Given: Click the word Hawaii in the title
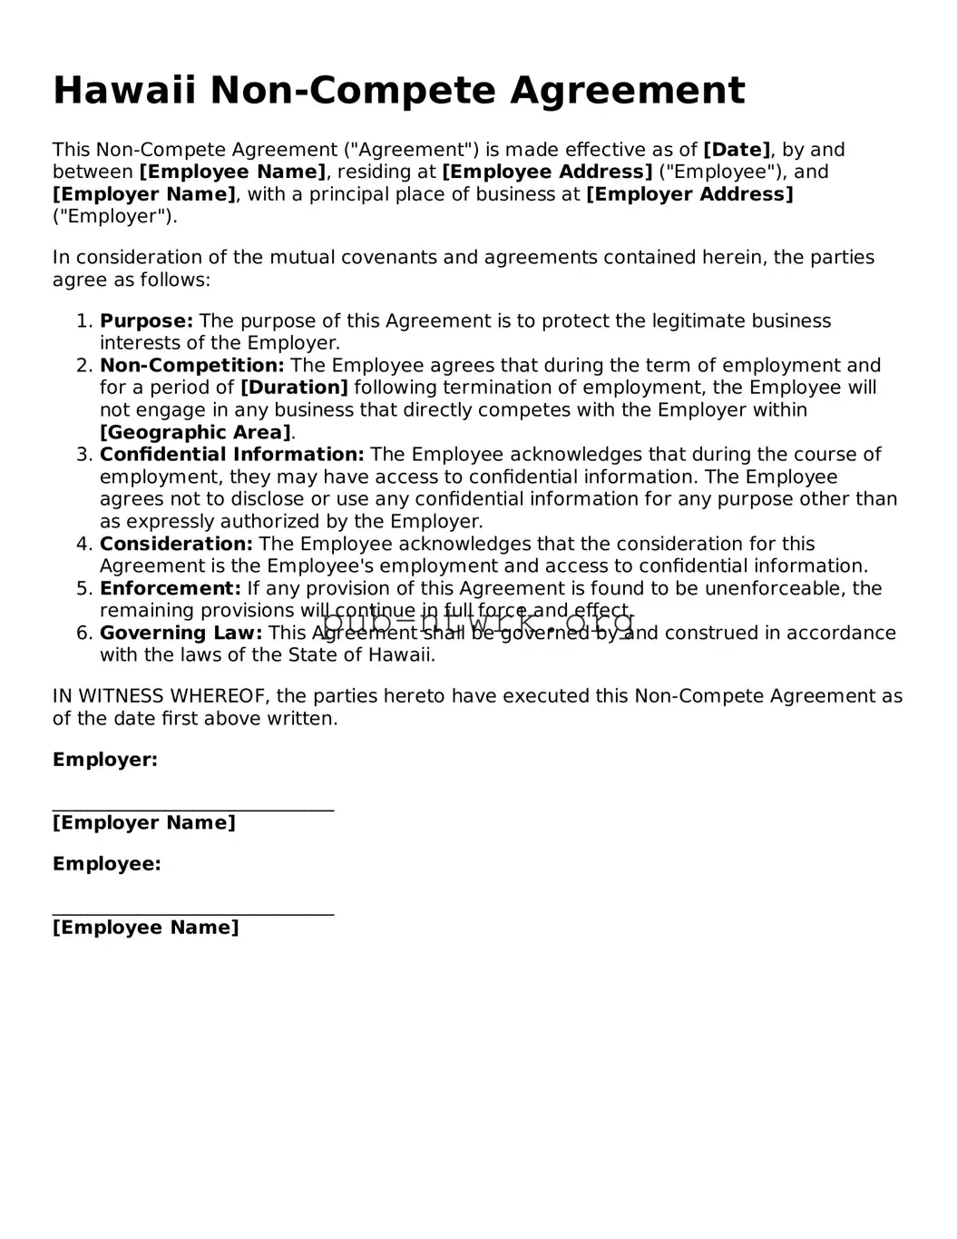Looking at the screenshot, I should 124,91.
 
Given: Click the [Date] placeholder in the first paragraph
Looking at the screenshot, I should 737,150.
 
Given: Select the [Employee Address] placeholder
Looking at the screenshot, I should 547,172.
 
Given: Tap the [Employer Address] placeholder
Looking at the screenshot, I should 689,194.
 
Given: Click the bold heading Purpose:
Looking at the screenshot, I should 146,321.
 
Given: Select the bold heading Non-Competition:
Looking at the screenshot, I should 191,366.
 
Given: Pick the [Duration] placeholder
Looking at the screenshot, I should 294,388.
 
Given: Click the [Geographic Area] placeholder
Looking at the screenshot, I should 195,433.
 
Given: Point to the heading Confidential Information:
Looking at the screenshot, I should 231,455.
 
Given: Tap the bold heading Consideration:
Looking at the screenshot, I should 176,545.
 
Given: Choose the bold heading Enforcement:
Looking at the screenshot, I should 171,589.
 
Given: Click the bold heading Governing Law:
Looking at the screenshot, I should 181,634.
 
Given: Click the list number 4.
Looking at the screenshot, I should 83,545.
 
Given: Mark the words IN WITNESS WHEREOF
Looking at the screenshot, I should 161,696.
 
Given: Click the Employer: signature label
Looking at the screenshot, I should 105,760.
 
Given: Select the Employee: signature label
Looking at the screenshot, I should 107,864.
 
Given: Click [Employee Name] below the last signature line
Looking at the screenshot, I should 146,928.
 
